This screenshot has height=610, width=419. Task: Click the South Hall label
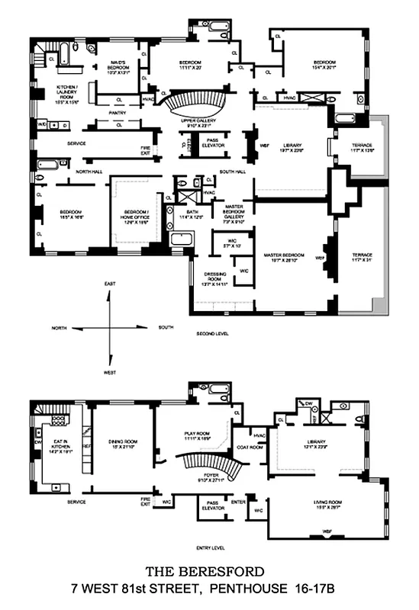[x=230, y=172]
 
